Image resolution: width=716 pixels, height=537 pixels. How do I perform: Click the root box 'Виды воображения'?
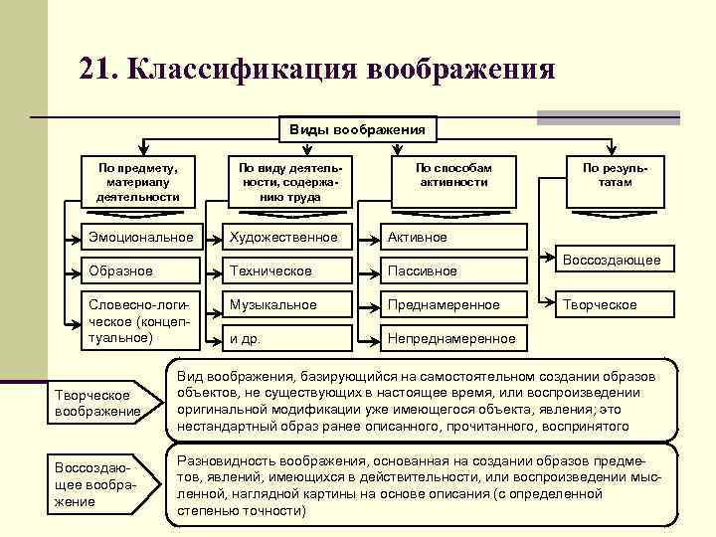coord(357,130)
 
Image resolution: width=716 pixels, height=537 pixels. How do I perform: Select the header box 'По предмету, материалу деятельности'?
coord(138,182)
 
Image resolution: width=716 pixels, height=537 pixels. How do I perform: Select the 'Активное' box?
coord(453,237)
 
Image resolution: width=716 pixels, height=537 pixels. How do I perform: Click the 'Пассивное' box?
coord(453,270)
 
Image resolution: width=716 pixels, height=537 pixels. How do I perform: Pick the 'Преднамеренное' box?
coord(453,304)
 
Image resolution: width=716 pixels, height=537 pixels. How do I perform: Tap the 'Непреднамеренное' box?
coord(453,338)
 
